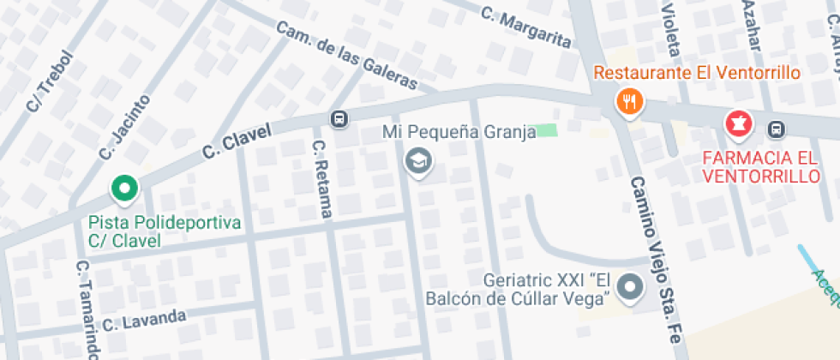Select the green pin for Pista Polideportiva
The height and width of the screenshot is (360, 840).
[124, 188]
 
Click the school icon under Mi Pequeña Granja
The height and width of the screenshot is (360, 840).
[418, 159]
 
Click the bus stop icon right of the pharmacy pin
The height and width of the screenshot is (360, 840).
[776, 129]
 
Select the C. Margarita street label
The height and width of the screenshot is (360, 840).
[525, 27]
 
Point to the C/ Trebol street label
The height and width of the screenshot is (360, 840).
[50, 82]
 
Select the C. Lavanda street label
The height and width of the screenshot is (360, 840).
[144, 321]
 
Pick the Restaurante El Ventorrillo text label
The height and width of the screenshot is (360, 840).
[696, 73]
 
